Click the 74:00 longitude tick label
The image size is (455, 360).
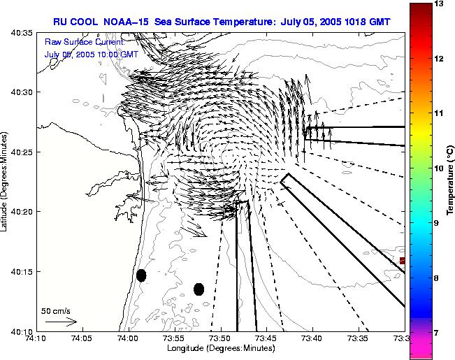point(128,338)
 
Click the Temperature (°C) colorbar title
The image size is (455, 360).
point(451,180)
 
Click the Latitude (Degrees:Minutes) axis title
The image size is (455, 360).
point(6,182)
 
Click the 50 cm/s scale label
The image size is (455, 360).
point(56,310)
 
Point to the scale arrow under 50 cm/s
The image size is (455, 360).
point(61,322)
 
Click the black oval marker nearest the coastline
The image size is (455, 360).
point(141,275)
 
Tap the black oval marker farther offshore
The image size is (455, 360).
point(198,289)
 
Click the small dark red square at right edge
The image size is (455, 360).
point(402,261)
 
